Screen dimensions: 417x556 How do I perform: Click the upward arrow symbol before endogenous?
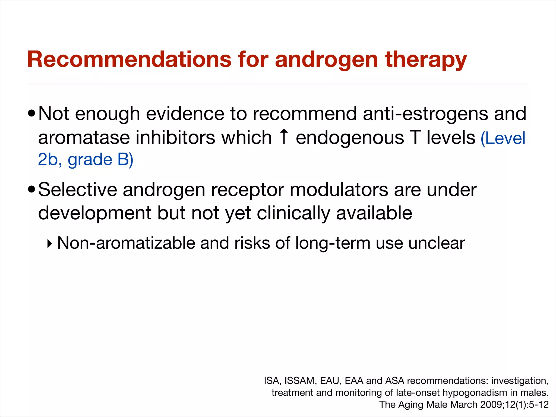284,137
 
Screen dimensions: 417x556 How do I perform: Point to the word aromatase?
84,138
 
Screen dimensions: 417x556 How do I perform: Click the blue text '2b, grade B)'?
86,159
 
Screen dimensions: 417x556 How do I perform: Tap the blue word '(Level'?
503,138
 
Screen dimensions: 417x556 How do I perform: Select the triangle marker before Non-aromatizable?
49,244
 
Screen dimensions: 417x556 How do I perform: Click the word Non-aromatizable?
126,243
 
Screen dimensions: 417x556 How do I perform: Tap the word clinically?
293,213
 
